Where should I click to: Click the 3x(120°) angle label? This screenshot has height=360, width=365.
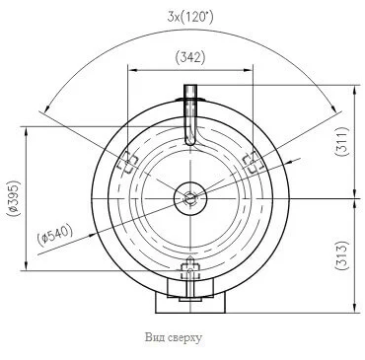[190, 17]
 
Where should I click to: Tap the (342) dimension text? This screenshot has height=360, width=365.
[190, 57]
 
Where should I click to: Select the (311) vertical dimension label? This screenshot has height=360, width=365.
[341, 141]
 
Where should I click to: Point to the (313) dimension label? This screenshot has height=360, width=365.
[341, 255]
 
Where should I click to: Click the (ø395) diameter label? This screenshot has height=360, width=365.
[15, 198]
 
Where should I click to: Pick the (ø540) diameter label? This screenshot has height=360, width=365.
[54, 236]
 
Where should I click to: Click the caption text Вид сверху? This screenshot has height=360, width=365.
[174, 337]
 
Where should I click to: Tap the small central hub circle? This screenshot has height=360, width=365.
[190, 198]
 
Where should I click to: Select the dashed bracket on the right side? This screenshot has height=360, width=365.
[253, 163]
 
